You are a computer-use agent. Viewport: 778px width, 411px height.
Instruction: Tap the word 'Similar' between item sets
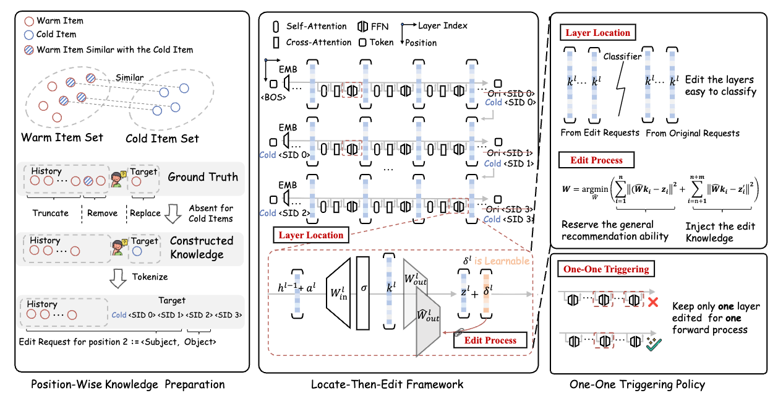pyautogui.click(x=130, y=78)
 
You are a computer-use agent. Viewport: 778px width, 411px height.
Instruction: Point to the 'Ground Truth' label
pyautogui.click(x=202, y=177)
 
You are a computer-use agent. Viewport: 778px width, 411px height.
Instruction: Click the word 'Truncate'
pyautogui.click(x=51, y=213)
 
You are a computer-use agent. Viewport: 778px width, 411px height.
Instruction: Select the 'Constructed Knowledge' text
pyautogui.click(x=202, y=247)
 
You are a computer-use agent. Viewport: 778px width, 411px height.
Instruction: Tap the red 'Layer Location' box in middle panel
pyautogui.click(x=311, y=235)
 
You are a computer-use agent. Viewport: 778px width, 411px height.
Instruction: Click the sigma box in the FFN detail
pyautogui.click(x=362, y=288)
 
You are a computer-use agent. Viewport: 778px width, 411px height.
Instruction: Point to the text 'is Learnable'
pyautogui.click(x=502, y=261)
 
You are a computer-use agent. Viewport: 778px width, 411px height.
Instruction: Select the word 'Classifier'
pyautogui.click(x=622, y=56)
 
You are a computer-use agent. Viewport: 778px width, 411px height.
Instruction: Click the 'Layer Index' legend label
pyautogui.click(x=443, y=25)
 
